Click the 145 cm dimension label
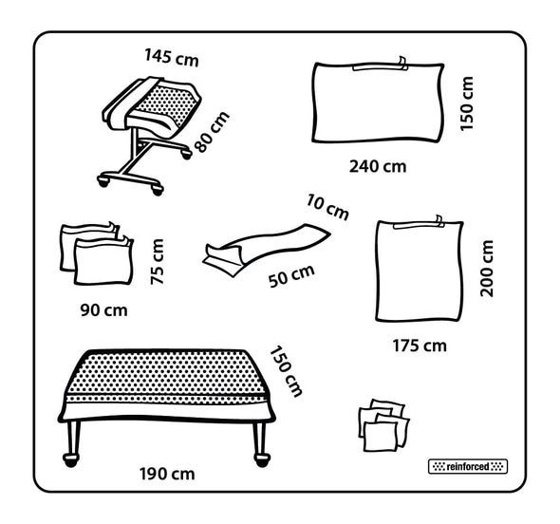172,58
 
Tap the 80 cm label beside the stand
212,131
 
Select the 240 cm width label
378,166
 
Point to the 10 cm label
327,207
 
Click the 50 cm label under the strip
291,275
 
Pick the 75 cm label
158,262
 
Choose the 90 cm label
103,310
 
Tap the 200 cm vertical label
486,269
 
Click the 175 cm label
420,346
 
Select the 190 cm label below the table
167,474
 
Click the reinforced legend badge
468,466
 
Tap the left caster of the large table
71,459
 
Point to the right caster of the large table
262,459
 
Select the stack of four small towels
384,425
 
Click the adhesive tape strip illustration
267,249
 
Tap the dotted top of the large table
166,374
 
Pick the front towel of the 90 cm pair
103,262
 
